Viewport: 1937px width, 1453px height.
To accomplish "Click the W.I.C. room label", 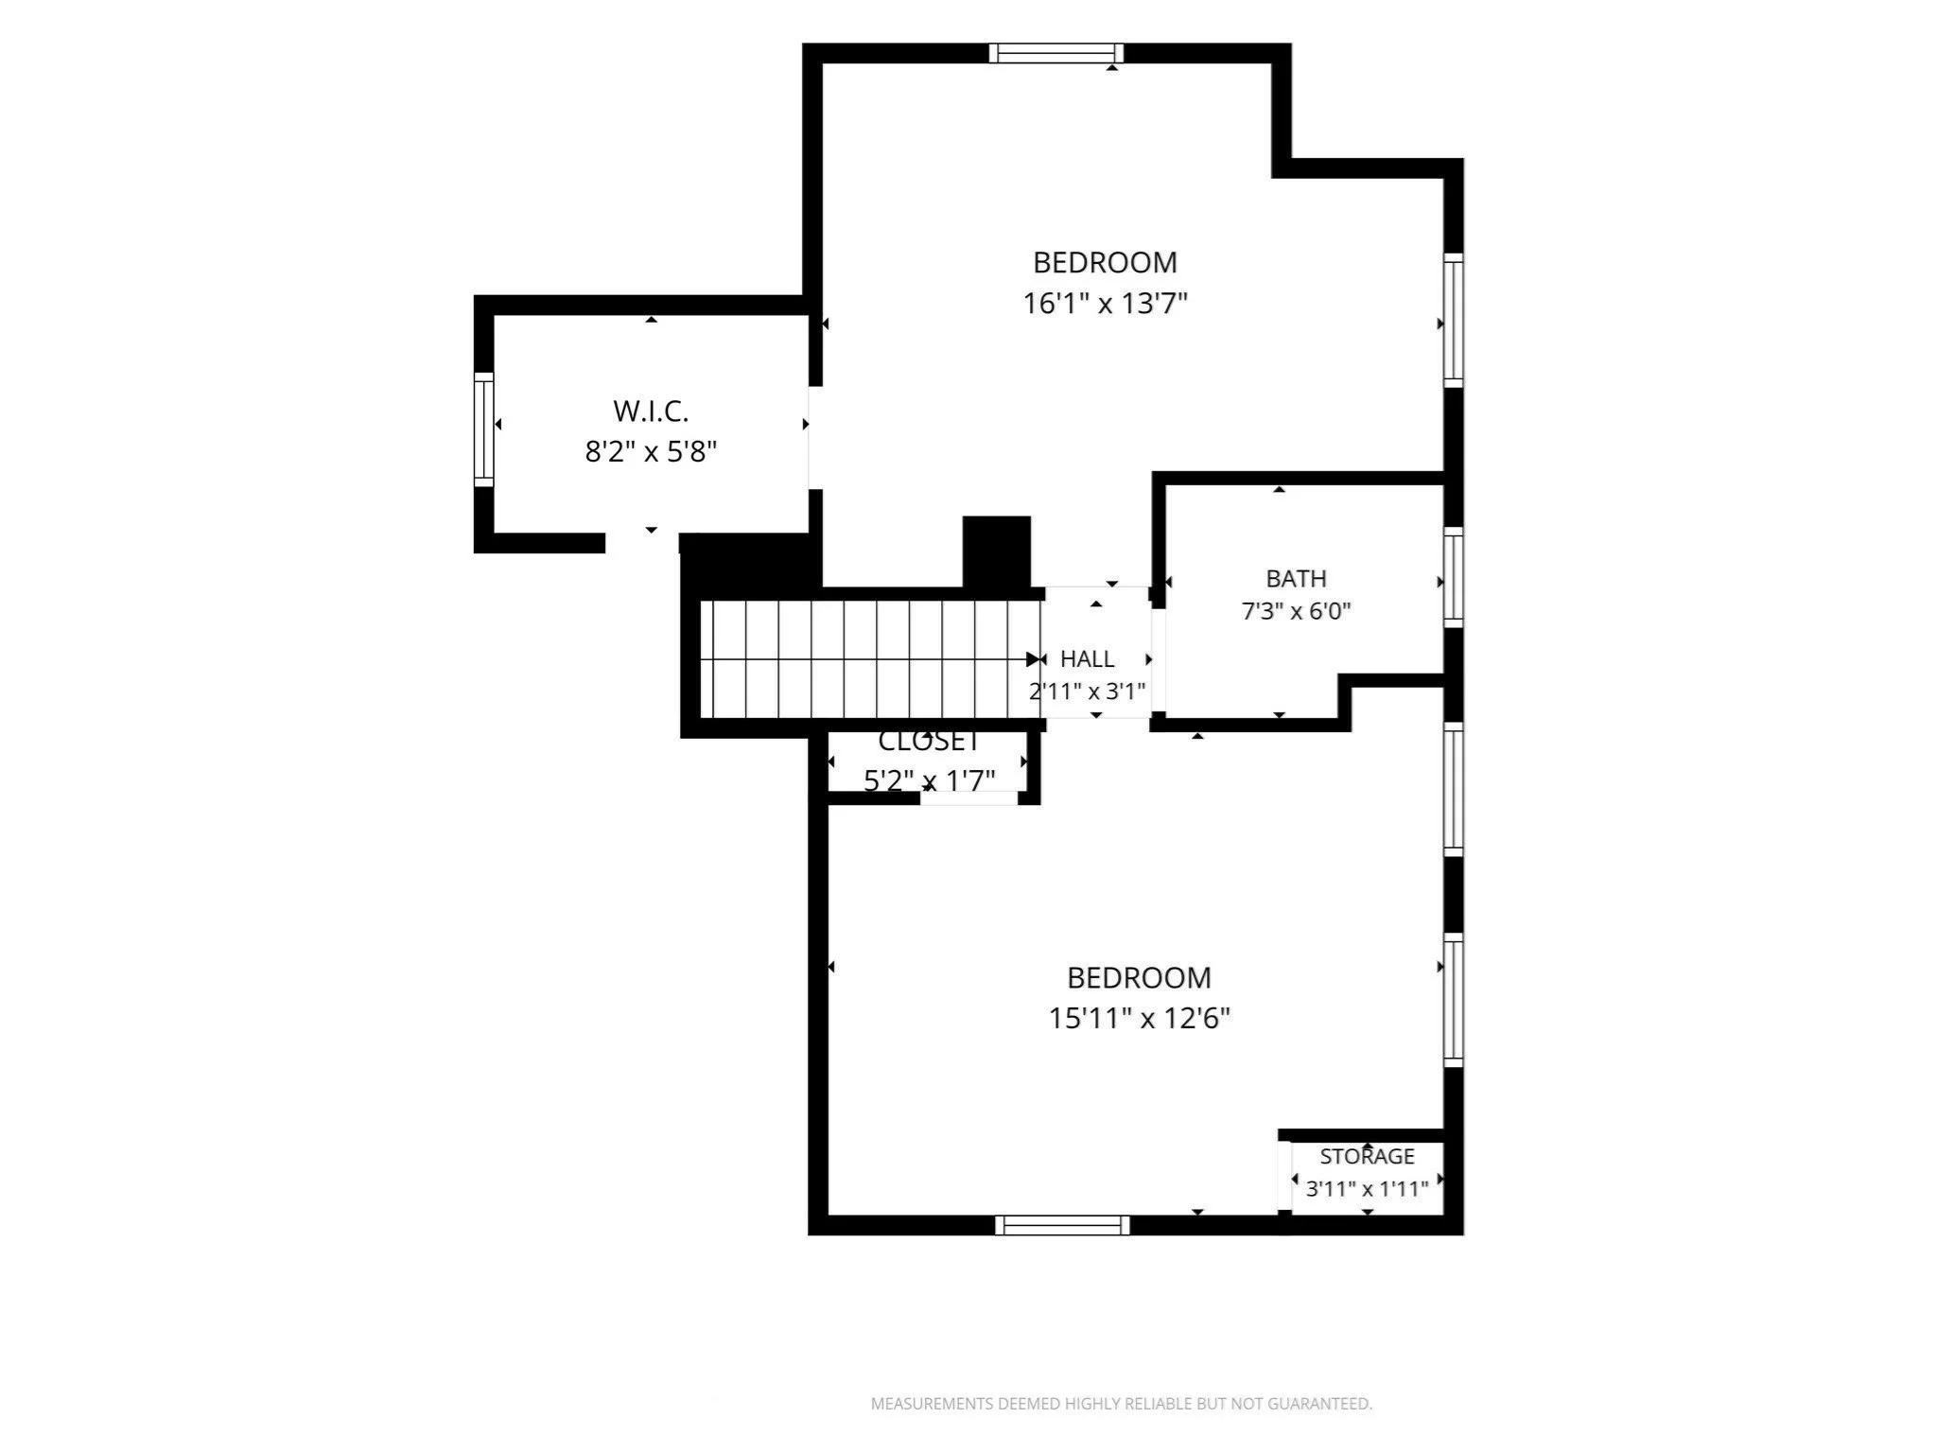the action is [651, 411].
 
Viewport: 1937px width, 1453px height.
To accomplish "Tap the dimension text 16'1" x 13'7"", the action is [1105, 304].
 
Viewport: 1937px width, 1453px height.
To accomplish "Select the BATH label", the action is [1296, 579].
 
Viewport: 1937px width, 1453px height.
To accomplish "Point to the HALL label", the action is [1087, 658].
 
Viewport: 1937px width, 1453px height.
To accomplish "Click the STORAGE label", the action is [1367, 1156].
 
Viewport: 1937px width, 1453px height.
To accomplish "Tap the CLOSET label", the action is [929, 741].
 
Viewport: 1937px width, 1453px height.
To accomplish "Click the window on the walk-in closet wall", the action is [483, 429].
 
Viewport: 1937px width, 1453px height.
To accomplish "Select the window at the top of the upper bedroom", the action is [1056, 53].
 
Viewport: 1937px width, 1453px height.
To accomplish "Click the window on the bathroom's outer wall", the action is [1454, 577].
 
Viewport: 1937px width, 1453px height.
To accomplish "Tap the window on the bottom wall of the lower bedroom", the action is [1062, 1225].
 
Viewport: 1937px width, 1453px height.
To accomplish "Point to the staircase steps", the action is [870, 659].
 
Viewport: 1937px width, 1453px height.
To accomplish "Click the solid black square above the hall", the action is [997, 551].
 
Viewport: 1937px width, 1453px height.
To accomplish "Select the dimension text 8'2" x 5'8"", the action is [651, 452].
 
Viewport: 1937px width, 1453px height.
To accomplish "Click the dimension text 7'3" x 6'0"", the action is [1296, 611].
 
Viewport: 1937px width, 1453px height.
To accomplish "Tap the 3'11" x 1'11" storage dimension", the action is [1367, 1189].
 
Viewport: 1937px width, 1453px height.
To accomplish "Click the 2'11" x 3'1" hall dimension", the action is [1087, 691].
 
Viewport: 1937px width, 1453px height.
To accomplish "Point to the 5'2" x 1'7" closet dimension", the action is [929, 781].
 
